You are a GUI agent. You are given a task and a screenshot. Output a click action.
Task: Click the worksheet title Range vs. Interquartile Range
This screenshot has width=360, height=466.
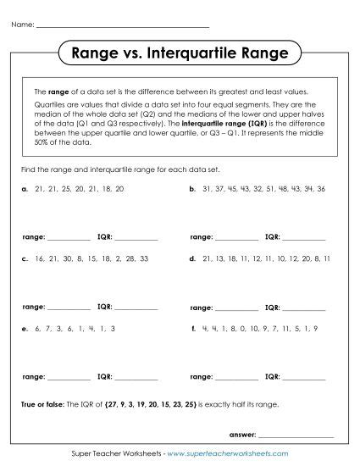tap(180, 54)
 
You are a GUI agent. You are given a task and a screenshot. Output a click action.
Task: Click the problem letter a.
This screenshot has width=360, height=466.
tap(25, 189)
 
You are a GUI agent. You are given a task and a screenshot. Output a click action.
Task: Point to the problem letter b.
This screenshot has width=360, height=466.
tap(194, 189)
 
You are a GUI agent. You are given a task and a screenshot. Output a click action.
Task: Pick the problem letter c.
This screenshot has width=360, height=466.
tap(25, 258)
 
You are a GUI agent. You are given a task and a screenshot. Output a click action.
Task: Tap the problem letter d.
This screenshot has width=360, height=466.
tap(194, 258)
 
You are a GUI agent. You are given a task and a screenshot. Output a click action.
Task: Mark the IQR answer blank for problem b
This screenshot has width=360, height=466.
tap(304, 238)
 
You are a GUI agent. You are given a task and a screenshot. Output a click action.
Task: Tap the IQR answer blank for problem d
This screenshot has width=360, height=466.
tap(304, 308)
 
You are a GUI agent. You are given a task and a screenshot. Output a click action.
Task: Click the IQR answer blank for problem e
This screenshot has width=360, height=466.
tap(136, 376)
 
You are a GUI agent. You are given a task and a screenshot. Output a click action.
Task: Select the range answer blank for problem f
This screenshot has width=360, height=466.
tap(238, 376)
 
